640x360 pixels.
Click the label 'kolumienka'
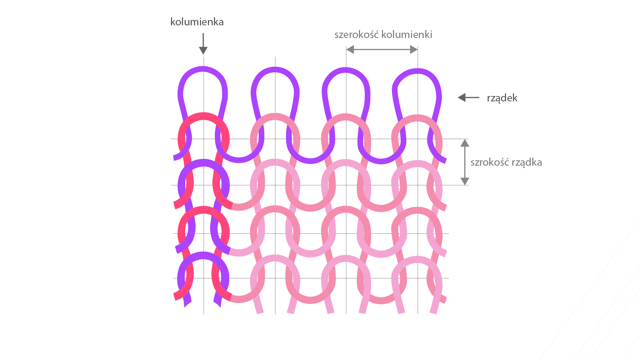tap(197, 22)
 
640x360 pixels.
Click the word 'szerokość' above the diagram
tap(356, 35)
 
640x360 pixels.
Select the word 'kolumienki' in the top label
tap(407, 35)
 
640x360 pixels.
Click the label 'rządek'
tap(502, 98)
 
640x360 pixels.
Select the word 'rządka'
tap(527, 163)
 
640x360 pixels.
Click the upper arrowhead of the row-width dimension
tap(465, 143)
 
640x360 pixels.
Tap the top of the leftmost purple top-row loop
tap(203, 69)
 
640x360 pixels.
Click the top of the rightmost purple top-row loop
tap(417, 71)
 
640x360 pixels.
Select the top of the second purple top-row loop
tap(275, 70)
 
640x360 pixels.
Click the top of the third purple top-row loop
tap(346, 70)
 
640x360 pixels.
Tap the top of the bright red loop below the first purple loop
tap(203, 115)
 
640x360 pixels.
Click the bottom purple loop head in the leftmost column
tap(203, 255)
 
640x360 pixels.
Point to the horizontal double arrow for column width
tap(382, 50)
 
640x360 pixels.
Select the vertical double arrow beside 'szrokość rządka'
tap(465, 162)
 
